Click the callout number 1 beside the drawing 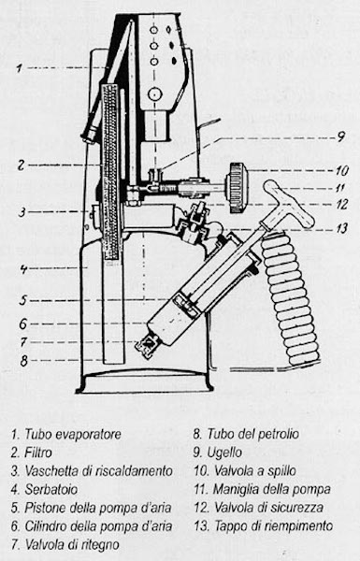pyautogui.click(x=20, y=67)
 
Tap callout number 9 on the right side pyautogui.click(x=340, y=137)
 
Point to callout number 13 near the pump pyautogui.click(x=342, y=227)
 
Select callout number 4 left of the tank pyautogui.click(x=23, y=268)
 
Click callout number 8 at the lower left pyautogui.click(x=23, y=360)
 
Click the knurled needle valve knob pyautogui.click(x=237, y=187)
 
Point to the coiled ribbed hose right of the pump pyautogui.click(x=291, y=300)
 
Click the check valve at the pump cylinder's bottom pyautogui.click(x=148, y=346)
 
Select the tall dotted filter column pyautogui.click(x=111, y=172)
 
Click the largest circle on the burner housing pyautogui.click(x=155, y=94)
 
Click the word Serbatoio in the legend pyautogui.click(x=50, y=489)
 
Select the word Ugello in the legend pyautogui.click(x=224, y=453)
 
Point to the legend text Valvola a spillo pyautogui.click(x=245, y=471)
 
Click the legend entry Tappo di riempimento pyautogui.click(x=264, y=525)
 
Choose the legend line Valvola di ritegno pyautogui.click(x=65, y=544)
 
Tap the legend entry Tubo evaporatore pyautogui.click(x=65, y=435)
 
